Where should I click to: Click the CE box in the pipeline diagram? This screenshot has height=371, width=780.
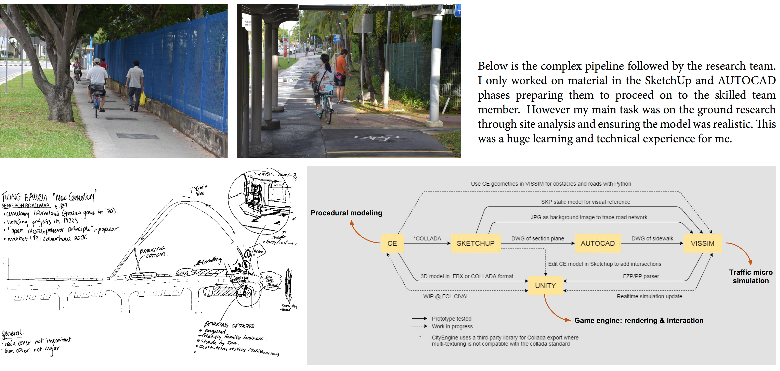pyautogui.click(x=392, y=243)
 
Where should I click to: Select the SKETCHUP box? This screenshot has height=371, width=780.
pyautogui.click(x=475, y=243)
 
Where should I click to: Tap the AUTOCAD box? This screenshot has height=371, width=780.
pyautogui.click(x=598, y=243)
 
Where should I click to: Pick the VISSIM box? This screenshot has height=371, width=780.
pyautogui.click(x=702, y=243)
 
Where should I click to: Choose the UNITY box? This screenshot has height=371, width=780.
pyautogui.click(x=545, y=286)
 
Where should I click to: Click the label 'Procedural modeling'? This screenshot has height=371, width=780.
pyautogui.click(x=346, y=213)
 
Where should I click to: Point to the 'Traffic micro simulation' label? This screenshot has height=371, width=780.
pyautogui.click(x=751, y=276)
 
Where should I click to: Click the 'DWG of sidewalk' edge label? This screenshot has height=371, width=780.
pyautogui.click(x=652, y=238)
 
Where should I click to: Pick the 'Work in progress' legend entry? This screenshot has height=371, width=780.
pyautogui.click(x=452, y=326)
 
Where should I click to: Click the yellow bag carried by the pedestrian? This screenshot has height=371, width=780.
pyautogui.click(x=143, y=99)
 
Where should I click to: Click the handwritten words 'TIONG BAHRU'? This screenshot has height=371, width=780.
pyautogui.click(x=24, y=198)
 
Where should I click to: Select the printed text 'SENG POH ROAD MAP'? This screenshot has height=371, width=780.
pyautogui.click(x=26, y=206)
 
